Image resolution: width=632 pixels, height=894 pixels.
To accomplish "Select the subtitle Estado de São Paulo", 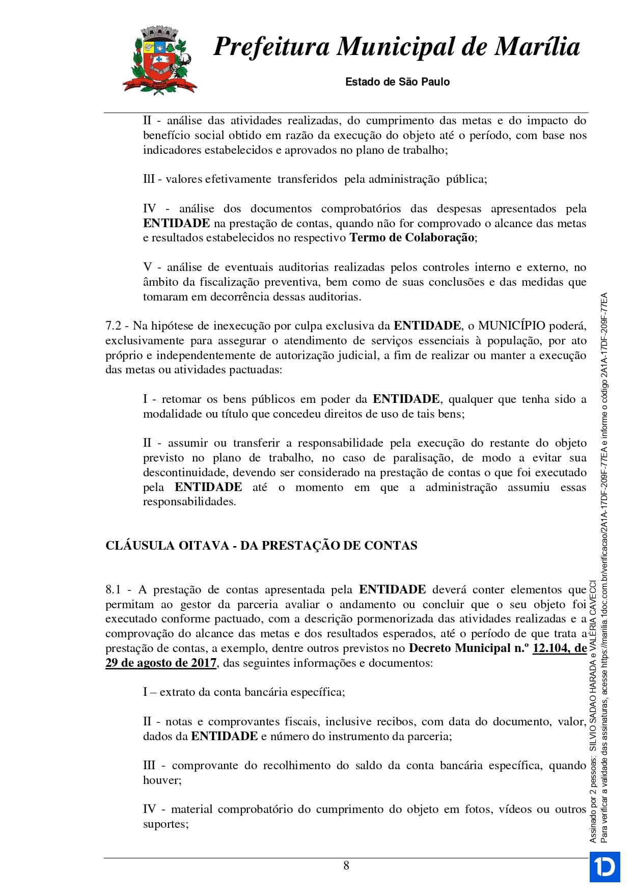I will click(x=397, y=82).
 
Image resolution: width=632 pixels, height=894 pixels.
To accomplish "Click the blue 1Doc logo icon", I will click(x=604, y=866).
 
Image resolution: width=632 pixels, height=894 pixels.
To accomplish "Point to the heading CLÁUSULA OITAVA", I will click(x=167, y=546).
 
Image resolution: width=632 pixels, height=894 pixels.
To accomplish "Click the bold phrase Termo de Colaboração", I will click(x=411, y=238).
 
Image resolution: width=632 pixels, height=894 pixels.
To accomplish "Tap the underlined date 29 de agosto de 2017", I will click(x=161, y=663).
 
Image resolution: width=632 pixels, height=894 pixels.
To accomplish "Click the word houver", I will click(x=161, y=780).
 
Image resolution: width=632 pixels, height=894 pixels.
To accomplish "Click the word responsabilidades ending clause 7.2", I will click(x=188, y=502).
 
